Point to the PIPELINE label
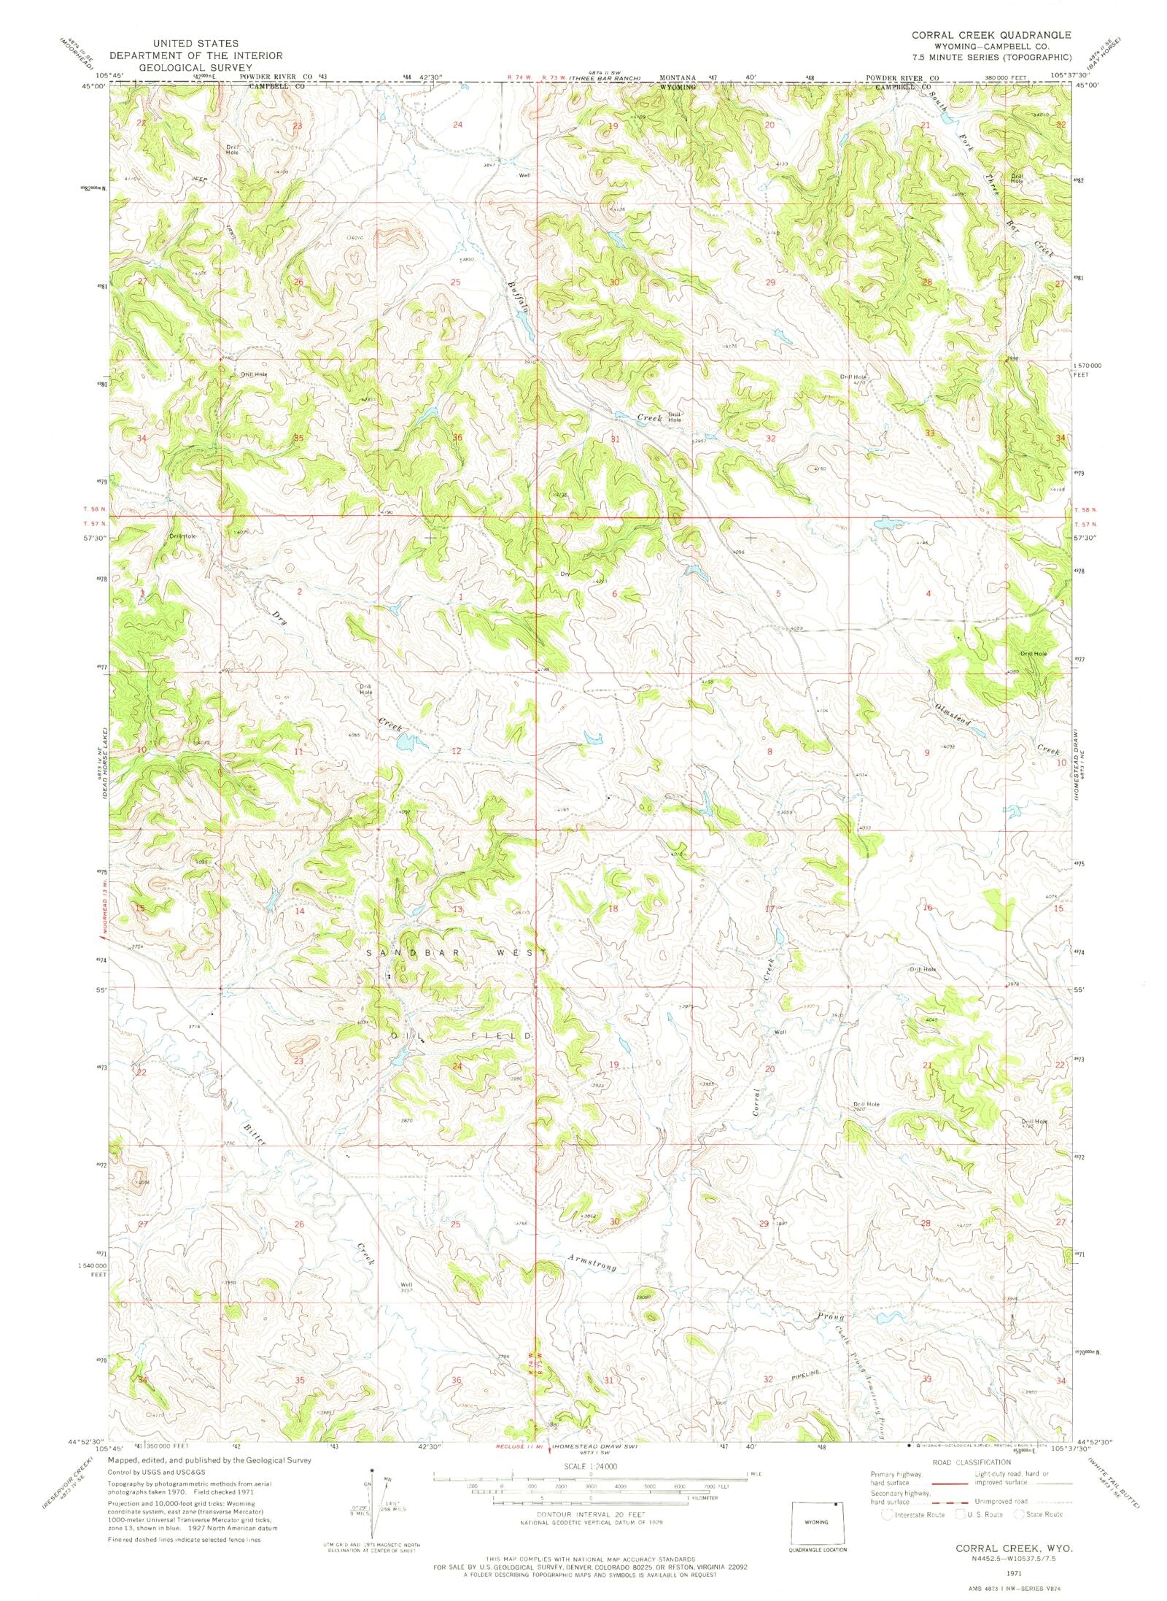(x=813, y=1375)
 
